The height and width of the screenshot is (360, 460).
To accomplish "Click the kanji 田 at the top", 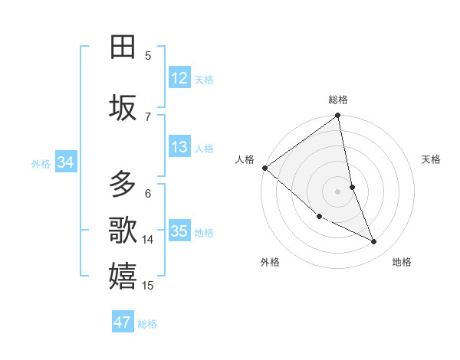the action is tap(123, 47).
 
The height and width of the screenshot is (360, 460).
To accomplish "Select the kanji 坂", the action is tap(123, 107).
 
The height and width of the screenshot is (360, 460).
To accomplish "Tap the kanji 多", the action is tap(123, 185).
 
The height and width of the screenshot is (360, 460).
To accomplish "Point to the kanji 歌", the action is tap(123, 230).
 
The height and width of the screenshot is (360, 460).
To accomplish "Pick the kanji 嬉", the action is tap(123, 276).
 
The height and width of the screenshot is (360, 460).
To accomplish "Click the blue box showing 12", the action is tap(179, 77).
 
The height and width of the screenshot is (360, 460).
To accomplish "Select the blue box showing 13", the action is tap(179, 147).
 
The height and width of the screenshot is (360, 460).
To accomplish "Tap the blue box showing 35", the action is tap(179, 231).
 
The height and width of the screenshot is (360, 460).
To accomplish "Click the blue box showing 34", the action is tap(66, 162).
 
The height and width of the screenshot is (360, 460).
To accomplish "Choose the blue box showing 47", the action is tap(123, 322).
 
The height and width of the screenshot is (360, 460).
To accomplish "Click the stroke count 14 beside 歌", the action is tap(148, 240).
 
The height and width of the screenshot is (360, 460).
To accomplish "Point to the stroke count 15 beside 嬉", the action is tap(148, 286).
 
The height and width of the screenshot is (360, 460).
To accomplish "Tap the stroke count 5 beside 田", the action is tap(148, 55).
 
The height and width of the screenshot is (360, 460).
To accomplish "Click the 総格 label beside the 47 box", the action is tap(147, 324).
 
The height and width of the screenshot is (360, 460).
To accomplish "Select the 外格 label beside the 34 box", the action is tap(41, 164).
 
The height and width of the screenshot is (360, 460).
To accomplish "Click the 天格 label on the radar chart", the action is tap(432, 159).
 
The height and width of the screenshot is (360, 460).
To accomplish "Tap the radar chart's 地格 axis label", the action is tap(402, 262).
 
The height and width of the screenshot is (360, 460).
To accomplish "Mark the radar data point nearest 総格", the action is tap(337, 116).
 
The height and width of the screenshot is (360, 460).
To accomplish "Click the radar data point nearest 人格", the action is tap(264, 168).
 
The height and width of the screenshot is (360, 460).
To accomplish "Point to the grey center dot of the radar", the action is tap(337, 191).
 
